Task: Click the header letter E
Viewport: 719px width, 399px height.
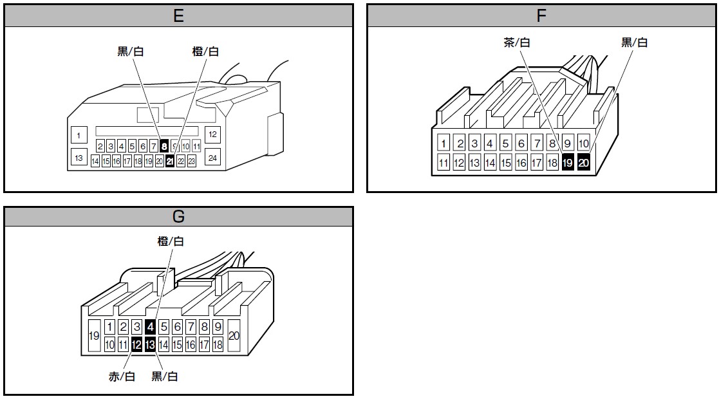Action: click(179, 16)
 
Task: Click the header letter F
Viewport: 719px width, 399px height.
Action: click(541, 16)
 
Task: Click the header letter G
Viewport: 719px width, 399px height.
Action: click(179, 217)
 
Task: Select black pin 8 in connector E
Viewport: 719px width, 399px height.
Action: click(164, 146)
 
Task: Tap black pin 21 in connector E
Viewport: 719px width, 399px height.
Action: click(170, 162)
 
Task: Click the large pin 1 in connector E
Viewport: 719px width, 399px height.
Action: click(79, 135)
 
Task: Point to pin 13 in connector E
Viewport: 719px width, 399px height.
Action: click(79, 157)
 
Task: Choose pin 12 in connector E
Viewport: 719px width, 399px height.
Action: click(213, 135)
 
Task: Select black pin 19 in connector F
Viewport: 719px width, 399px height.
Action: click(568, 163)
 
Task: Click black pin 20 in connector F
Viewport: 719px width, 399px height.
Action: click(583, 163)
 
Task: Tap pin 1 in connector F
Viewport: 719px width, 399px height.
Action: click(444, 143)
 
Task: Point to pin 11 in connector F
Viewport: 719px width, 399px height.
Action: click(444, 163)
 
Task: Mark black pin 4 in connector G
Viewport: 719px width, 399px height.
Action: click(150, 327)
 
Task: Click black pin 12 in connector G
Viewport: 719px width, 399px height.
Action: click(136, 345)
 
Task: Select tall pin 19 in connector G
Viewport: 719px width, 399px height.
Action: click(94, 336)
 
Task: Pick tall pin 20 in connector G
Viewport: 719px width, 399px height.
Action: click(234, 336)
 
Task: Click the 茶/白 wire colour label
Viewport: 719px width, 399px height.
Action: click(517, 42)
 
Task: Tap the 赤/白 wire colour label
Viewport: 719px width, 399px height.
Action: click(122, 376)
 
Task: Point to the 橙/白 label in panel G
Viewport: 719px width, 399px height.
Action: click(171, 241)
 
